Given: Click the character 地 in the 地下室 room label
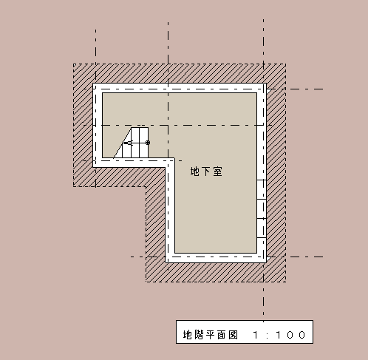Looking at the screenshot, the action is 194,171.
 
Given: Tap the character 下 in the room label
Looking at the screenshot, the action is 206,171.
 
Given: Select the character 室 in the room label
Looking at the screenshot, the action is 218,171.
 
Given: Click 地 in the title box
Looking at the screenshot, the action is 188,335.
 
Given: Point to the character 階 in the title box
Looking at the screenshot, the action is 199,335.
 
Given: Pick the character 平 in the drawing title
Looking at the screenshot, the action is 210,335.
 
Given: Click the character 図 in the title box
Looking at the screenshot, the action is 233,335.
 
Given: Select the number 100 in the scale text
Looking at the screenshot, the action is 290,335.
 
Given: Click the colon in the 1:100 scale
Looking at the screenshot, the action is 268,335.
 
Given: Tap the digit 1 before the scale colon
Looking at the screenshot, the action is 256,335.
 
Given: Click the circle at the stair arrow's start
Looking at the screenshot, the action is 148,143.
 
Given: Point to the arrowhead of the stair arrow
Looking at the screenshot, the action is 126,143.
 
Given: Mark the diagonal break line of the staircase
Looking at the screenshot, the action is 122,143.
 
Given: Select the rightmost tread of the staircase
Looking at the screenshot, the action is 144,143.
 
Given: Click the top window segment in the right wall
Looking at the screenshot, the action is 262,189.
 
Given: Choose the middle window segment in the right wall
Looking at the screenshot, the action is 262,208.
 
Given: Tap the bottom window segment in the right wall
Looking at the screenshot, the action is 262,228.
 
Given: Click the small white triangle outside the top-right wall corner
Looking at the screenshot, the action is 268,91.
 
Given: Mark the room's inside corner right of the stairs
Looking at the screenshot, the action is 174,158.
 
